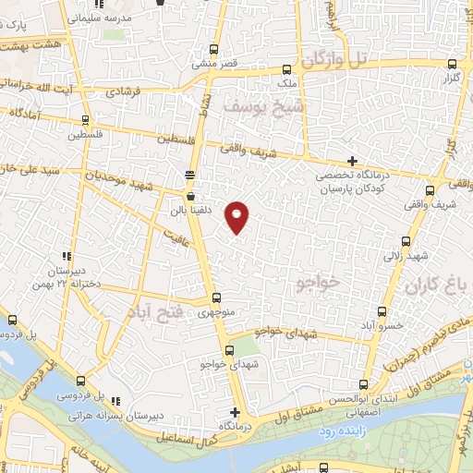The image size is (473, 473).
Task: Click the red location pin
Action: (238, 215)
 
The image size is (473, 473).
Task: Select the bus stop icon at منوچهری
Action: (216, 297)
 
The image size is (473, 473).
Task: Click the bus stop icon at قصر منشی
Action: (214, 51)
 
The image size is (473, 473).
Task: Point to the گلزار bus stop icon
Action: (452, 65)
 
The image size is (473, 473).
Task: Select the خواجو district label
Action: (320, 280)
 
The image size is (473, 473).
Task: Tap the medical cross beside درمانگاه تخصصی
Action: (352, 162)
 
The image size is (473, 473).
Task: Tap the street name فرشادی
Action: (126, 92)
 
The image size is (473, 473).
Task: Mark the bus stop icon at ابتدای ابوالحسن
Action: (361, 384)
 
